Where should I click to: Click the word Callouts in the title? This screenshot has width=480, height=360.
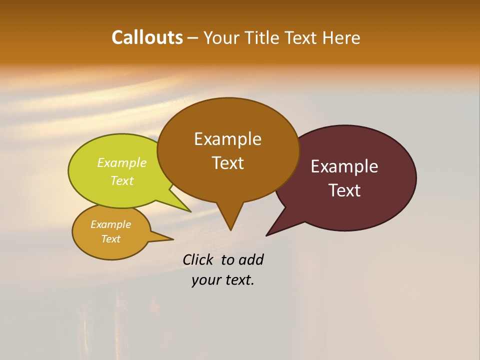click(147, 37)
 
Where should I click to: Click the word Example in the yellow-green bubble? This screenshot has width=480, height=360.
click(121, 162)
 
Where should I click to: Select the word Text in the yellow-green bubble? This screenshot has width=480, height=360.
click(121, 180)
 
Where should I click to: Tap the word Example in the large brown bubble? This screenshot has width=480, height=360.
click(227, 139)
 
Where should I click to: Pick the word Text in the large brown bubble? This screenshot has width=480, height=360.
click(227, 163)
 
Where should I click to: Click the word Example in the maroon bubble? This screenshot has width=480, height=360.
click(344, 166)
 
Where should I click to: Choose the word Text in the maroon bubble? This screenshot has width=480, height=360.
click(344, 190)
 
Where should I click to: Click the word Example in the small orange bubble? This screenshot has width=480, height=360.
click(110, 224)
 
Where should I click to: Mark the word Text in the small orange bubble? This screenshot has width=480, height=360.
click(110, 239)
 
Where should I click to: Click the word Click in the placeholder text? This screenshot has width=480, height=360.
click(198, 259)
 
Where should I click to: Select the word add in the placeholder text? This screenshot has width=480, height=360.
click(251, 259)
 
